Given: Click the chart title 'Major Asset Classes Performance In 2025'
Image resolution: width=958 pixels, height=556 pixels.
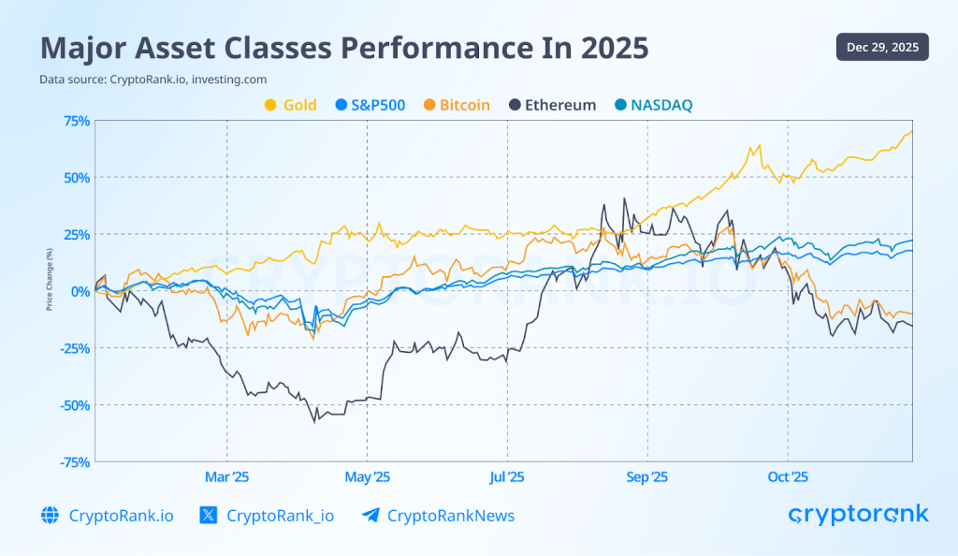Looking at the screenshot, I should point(343,47).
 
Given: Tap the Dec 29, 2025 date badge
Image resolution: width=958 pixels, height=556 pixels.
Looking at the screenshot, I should point(882,47).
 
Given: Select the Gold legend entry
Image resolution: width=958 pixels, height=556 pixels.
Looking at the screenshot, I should point(291,105).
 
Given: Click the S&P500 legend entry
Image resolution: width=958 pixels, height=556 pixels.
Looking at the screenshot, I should point(370,105).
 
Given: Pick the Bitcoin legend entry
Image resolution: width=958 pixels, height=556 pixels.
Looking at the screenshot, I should point(457,105).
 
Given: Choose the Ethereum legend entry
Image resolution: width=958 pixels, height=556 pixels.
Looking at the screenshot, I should point(551,105).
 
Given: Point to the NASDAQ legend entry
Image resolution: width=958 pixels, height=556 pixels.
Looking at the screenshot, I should point(652,105).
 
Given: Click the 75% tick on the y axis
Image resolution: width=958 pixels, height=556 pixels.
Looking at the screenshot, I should point(76,121).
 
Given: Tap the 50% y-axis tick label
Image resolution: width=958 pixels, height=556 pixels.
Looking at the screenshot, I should point(76,178).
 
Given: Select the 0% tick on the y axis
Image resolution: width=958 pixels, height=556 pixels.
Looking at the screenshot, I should point(80,291).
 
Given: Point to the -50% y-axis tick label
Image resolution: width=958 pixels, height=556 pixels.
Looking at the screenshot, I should point(74,404).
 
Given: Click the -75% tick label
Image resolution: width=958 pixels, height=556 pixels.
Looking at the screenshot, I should point(74,461).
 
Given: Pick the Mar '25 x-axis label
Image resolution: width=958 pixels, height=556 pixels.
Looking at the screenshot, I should point(227,477).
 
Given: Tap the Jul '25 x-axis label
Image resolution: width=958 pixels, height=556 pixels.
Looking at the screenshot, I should point(507,477).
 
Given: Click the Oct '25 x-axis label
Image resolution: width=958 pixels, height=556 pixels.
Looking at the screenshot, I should point(788,477).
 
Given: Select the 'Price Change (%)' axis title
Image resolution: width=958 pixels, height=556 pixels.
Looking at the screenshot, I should point(49,278).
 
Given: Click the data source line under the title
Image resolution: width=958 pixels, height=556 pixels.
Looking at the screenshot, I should point(139,80).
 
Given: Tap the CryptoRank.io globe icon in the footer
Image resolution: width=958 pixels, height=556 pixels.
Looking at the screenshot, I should point(50,516).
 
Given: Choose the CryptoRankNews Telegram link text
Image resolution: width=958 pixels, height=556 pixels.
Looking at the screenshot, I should point(450,516).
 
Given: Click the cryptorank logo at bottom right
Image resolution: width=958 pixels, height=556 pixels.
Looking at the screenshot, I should point(858,514).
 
